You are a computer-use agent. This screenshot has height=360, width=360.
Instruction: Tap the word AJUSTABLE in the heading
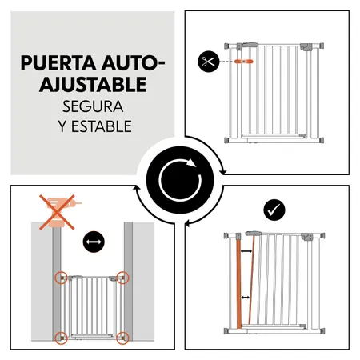(x=92, y=83)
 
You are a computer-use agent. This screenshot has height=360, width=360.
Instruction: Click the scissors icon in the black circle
(x=208, y=61)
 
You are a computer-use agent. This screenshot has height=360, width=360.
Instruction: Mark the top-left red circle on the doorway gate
(x=60, y=278)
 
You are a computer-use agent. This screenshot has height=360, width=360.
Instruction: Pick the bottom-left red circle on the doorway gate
(x=60, y=336)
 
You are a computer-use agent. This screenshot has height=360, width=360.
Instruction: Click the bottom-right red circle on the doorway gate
(x=122, y=336)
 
